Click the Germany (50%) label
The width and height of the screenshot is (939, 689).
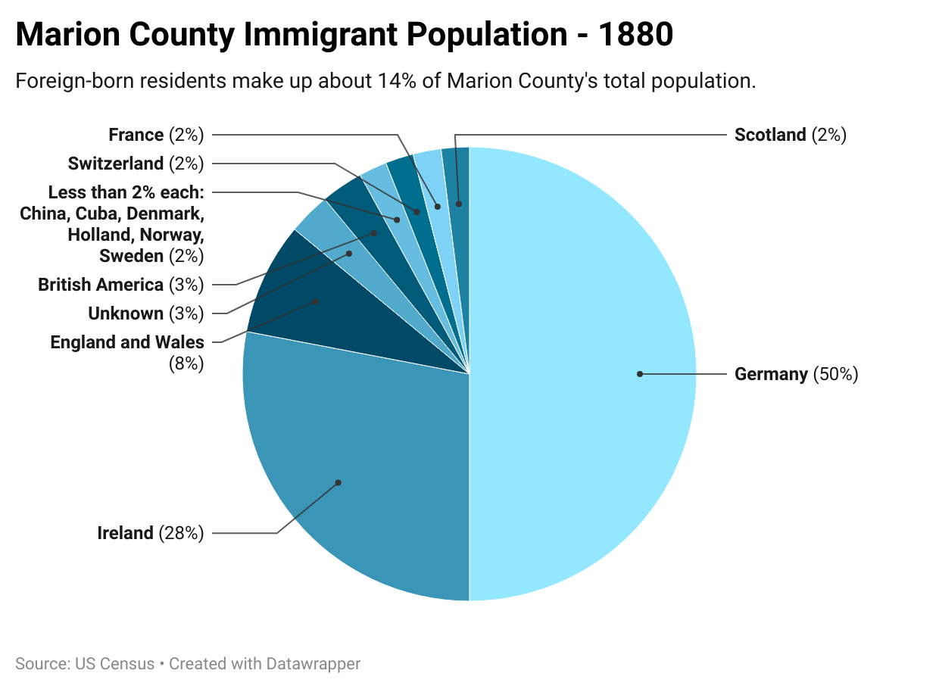coord(796,374)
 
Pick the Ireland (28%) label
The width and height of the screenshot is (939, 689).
coord(151,533)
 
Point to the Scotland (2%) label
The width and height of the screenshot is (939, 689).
coord(790,135)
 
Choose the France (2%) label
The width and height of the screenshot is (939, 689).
coord(156,135)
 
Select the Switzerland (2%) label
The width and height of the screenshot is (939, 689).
coord(136,164)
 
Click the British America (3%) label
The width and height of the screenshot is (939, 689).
coord(121,285)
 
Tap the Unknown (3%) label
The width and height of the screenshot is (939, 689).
coord(146,313)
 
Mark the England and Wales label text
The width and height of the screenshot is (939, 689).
coord(127,342)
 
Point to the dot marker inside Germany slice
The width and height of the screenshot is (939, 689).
coord(640,374)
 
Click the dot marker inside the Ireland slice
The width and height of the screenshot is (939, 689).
coord(338,482)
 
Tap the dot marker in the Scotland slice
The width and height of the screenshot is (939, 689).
coord(458,204)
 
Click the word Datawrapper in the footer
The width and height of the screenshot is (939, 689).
coord(313,664)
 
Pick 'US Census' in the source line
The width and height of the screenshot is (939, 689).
coord(115,664)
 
